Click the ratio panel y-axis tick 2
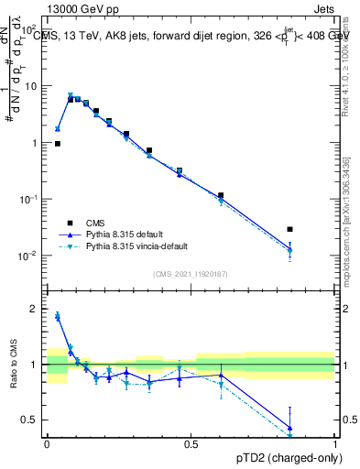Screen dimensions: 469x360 pyautogui.click(x=34, y=309)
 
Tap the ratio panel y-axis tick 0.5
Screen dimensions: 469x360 pyautogui.click(x=30, y=420)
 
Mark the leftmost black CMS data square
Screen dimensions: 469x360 pyautogui.click(x=58, y=144)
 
